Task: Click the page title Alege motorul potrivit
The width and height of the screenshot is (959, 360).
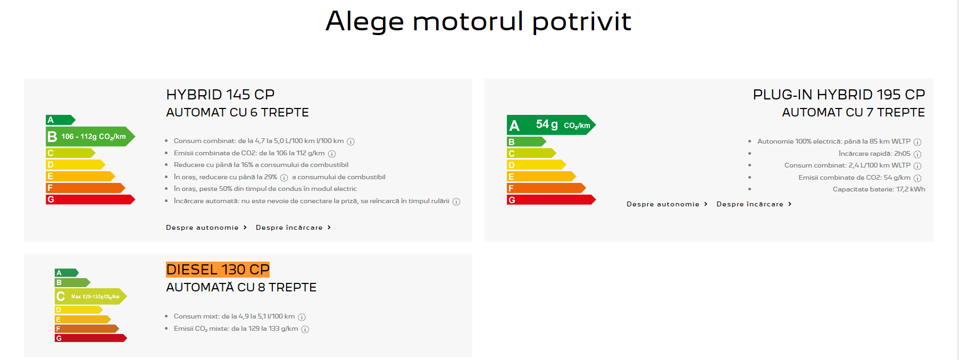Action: point(478,21)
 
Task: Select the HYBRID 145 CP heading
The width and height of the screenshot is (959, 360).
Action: point(220,95)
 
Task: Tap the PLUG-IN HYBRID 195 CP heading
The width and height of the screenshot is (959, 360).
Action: point(839,95)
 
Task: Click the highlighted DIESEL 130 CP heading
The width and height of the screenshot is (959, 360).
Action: point(218,270)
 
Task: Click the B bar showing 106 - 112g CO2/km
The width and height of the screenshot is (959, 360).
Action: point(90,137)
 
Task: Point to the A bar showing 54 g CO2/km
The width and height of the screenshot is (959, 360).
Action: point(551,125)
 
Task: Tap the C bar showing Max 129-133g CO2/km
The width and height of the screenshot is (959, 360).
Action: point(91,296)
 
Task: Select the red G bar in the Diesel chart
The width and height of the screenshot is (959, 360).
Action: point(91,338)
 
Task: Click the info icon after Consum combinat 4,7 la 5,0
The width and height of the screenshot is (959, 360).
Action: point(351,141)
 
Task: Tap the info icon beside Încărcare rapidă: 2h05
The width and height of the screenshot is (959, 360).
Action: point(918,154)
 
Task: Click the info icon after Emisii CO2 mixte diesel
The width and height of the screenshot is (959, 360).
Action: point(305,329)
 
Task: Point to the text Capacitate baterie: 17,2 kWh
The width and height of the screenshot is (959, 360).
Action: point(879,189)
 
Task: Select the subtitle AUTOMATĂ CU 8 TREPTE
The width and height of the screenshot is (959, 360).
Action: point(241,287)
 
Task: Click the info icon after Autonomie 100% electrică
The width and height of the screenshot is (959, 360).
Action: point(918,142)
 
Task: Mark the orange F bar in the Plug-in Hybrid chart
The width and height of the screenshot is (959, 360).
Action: point(546,188)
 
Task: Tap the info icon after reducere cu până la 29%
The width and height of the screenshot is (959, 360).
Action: point(284,178)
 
